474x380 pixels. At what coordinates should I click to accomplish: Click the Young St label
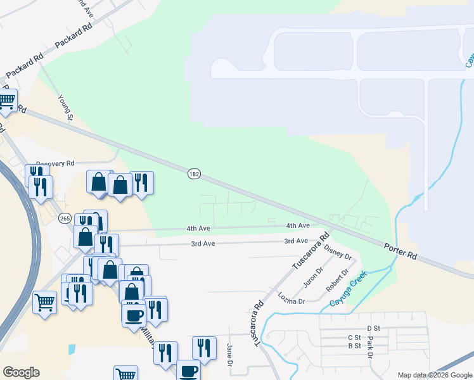[67, 107]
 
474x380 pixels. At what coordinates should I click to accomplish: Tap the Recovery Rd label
[56, 163]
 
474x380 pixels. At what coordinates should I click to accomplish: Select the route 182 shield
[194, 173]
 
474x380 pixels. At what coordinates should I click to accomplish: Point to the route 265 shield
[65, 218]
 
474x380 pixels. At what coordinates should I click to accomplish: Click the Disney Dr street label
[337, 251]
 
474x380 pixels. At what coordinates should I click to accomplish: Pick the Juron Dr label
[313, 275]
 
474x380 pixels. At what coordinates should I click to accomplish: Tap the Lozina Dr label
[291, 296]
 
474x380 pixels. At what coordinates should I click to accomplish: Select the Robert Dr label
[336, 281]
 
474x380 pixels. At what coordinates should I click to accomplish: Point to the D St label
[373, 328]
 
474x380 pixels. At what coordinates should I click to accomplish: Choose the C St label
[354, 338]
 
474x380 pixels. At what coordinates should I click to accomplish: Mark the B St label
[354, 346]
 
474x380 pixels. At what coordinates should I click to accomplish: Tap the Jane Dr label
[229, 355]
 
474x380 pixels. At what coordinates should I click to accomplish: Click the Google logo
[21, 372]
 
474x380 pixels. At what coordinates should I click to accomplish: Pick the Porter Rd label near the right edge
[403, 251]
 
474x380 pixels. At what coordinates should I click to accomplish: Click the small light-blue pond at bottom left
[72, 349]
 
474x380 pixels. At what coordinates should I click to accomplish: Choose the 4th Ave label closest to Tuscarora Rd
[298, 225]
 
